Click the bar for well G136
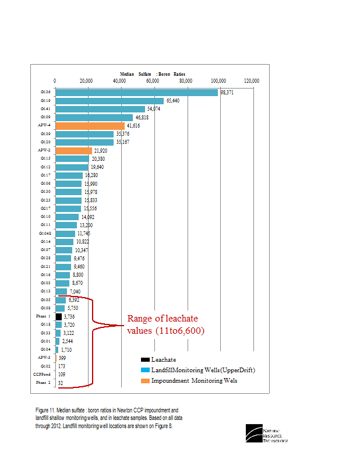pyautogui.click(x=136, y=92)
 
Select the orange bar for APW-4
pyautogui.click(x=90, y=125)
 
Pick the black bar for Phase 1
pyautogui.click(x=58, y=316)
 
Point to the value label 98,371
pyautogui.click(x=227, y=92)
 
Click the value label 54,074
pyautogui.click(x=154, y=109)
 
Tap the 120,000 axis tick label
pyautogui.click(x=252, y=81)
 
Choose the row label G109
pyautogui.click(x=45, y=117)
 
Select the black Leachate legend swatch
pyautogui.click(x=146, y=359)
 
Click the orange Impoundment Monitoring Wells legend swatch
pyautogui.click(x=146, y=380)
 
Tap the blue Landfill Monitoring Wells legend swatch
pyautogui.click(x=146, y=370)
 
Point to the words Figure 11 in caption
pyautogui.click(x=45, y=410)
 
